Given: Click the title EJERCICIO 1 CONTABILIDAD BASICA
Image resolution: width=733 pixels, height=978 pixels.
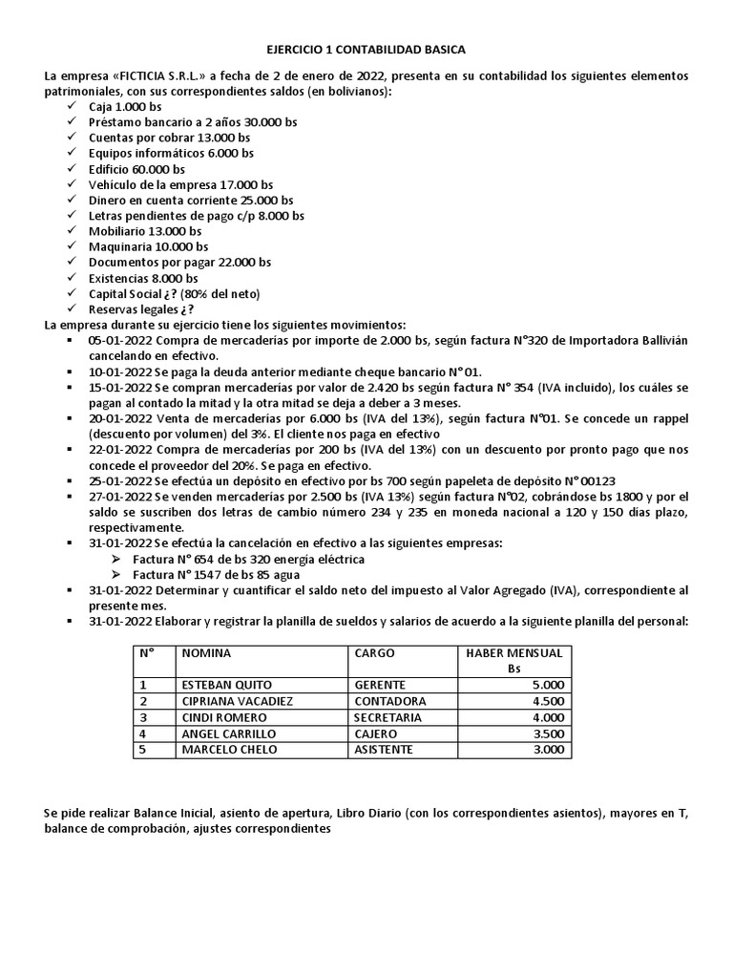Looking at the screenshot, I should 366,50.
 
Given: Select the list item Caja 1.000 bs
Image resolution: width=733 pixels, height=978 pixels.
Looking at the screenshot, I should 125,107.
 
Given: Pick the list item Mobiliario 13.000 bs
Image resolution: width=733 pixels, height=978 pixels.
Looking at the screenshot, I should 145,231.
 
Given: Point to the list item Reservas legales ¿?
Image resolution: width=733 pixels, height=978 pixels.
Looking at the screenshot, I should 141,308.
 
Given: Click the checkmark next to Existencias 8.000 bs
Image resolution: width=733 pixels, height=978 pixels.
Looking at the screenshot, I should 74,278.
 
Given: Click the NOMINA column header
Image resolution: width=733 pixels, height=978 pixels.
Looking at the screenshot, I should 206,653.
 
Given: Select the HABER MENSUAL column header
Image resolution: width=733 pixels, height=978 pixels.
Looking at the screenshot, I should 514,653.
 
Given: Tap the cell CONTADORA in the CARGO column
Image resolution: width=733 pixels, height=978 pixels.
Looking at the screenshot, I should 386,701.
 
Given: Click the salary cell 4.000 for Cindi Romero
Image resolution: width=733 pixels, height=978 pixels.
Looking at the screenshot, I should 549,717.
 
